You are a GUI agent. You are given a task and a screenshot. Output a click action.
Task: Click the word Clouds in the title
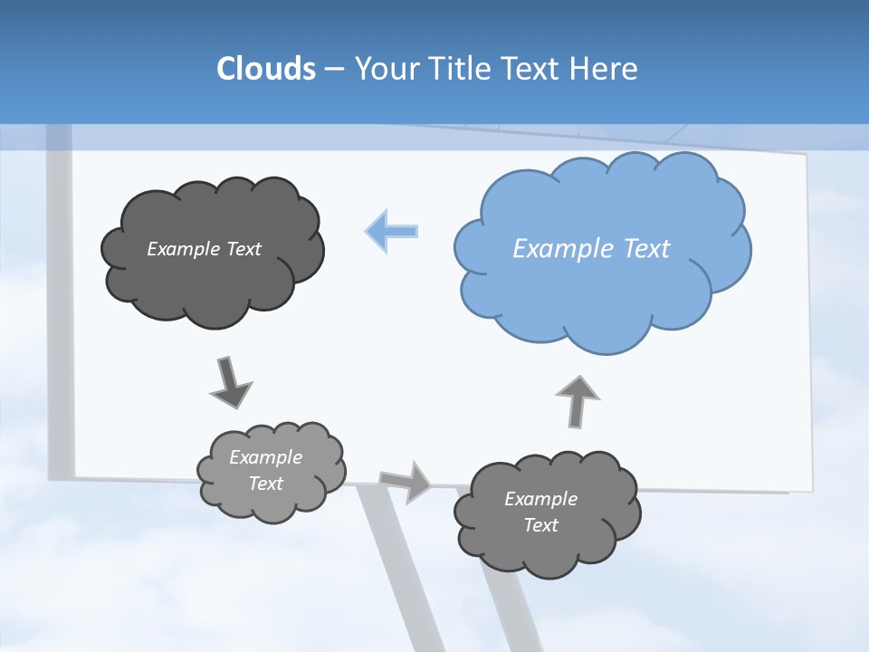[x=265, y=68]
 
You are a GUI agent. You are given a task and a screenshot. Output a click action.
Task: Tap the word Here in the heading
[x=603, y=68]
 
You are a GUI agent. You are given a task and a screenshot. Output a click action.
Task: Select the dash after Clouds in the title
[x=333, y=70]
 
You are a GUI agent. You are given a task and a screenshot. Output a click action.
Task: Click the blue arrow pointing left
[x=392, y=232]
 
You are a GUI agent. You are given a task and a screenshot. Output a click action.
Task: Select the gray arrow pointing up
[x=578, y=399]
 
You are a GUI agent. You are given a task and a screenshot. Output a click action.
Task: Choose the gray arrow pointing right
[x=406, y=481]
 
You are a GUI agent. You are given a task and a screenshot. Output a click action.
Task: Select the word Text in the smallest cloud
[x=266, y=484]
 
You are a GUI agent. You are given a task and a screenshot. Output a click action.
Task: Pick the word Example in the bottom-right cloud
[x=540, y=499]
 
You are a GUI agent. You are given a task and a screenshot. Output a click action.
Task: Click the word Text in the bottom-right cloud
[x=540, y=525]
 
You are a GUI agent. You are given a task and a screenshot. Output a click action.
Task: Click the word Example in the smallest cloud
[x=266, y=457]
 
